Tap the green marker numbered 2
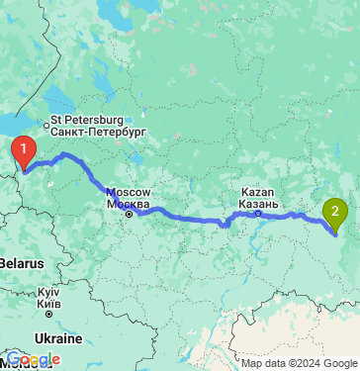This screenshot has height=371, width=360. [336, 211]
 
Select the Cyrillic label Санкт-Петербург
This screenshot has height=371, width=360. [97, 131]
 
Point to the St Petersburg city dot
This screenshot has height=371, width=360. [44, 125]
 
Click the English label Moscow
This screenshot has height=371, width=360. [127, 191]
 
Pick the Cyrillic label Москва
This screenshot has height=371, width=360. [129, 203]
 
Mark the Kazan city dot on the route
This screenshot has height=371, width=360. [257, 212]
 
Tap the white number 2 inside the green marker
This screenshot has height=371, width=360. [336, 208]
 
